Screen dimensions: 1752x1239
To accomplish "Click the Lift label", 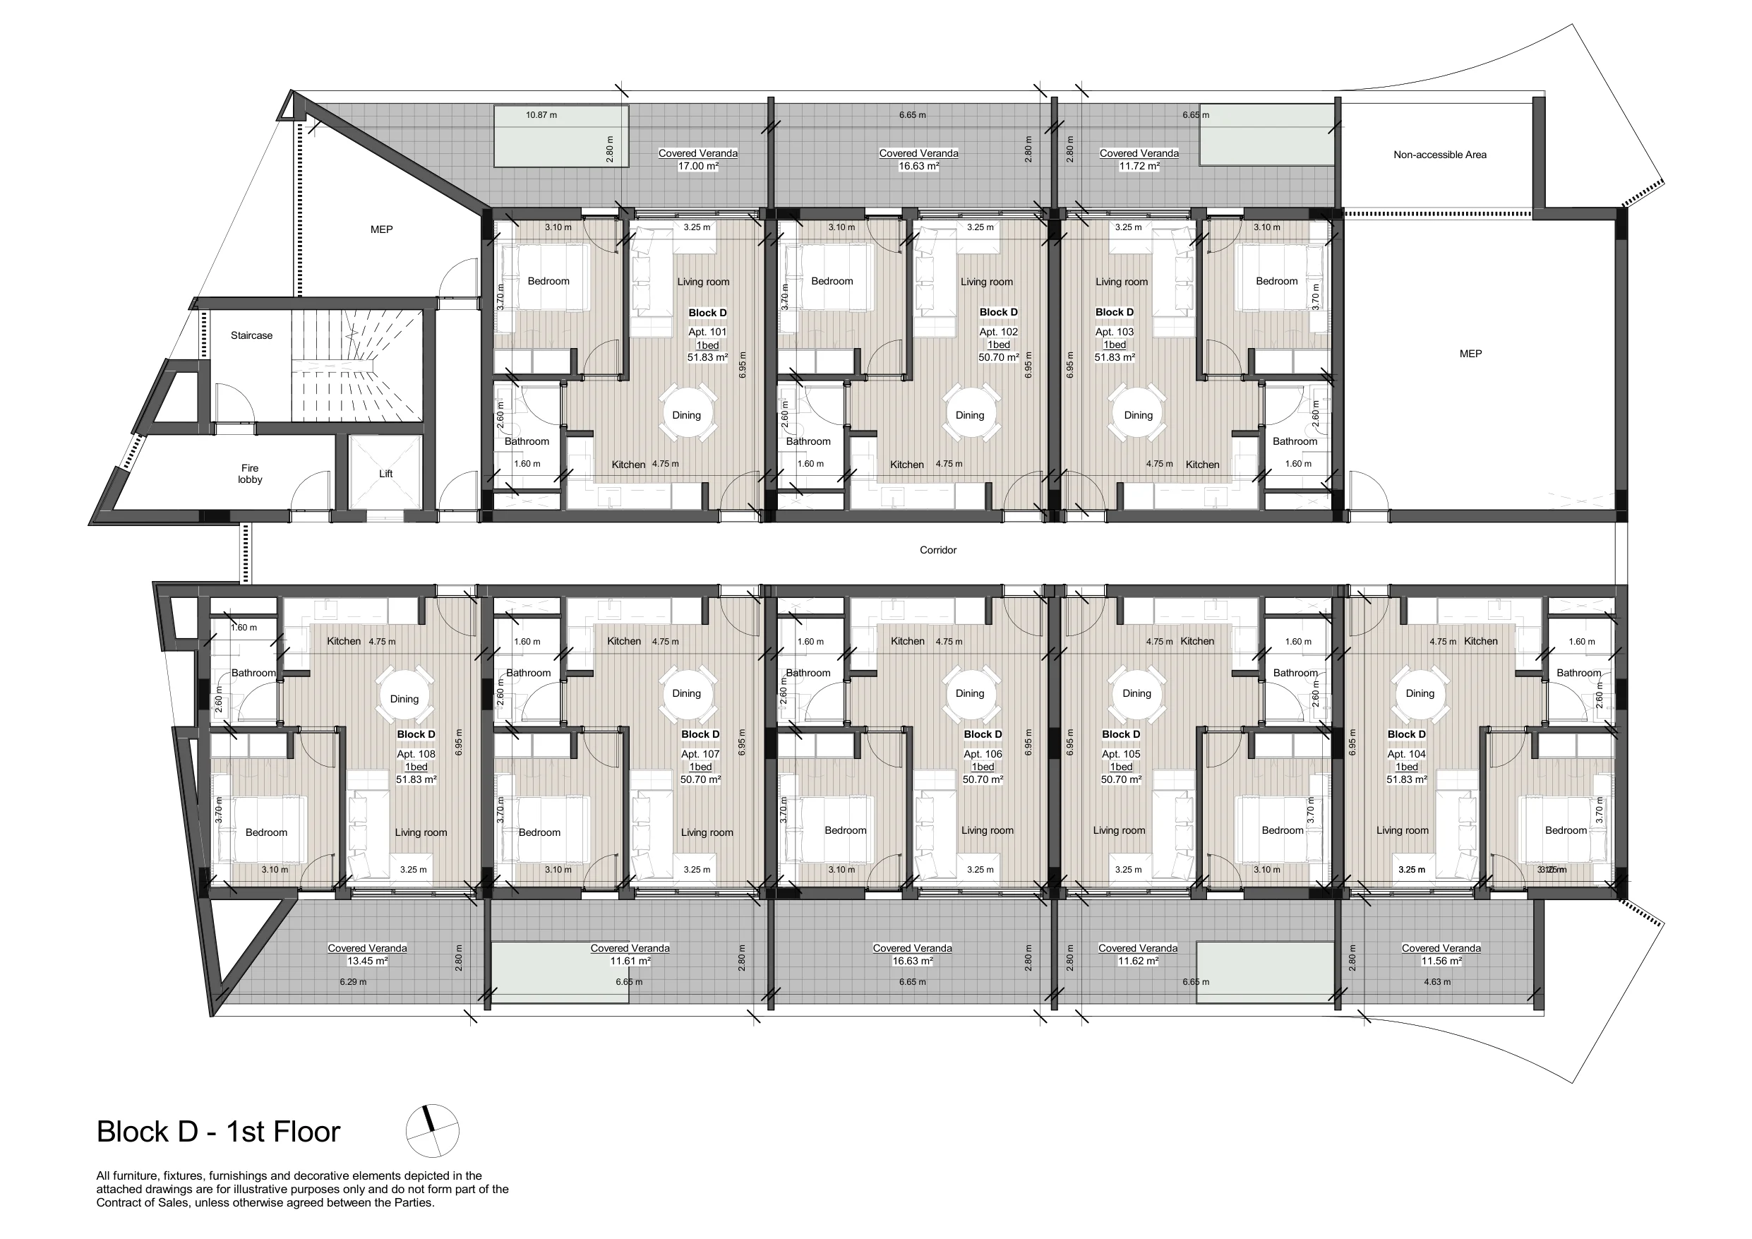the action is coord(385,473).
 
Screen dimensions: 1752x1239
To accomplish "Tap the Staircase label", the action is coord(251,335).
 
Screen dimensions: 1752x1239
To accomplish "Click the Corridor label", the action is coord(938,550).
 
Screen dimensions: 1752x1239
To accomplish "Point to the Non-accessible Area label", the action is coord(1440,154).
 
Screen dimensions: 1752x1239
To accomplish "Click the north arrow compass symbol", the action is coord(432,1130).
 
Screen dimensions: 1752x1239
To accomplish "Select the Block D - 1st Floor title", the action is coord(218,1132).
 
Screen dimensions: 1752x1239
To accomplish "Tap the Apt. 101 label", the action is coord(707,332).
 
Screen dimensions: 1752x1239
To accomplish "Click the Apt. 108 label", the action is coord(416,753).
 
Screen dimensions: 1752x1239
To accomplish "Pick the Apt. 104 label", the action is coord(1406,753).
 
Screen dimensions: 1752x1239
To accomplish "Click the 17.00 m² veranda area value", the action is coord(698,166).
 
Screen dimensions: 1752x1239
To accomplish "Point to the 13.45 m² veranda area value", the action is coord(367,961).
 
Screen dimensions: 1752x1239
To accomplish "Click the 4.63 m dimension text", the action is coord(1437,982).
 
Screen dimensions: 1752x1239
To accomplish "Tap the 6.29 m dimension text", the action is coord(354,982).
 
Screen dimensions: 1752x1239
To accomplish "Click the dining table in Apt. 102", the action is coord(970,414).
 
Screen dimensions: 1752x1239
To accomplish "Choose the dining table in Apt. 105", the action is coord(1137,693).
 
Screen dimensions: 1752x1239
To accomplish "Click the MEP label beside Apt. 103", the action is coord(1470,354).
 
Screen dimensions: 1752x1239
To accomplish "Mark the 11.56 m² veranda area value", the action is coord(1441,961).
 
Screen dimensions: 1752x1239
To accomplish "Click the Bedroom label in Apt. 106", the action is coord(846,830).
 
